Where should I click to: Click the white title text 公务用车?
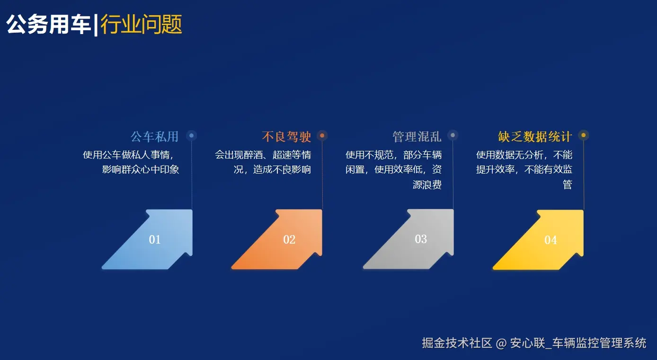point(48,25)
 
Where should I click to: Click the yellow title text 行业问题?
point(141,25)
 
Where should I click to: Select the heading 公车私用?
point(154,137)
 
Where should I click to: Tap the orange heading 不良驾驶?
point(286,137)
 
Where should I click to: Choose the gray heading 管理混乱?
point(417,137)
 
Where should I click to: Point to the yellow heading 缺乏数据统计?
point(535,137)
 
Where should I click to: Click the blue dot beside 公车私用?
point(191,136)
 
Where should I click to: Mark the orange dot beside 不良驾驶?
point(322,136)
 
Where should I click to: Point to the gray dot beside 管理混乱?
point(453,136)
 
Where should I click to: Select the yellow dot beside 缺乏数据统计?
point(583,136)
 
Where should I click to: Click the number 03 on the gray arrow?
point(421,239)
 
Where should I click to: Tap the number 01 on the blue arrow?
point(155,239)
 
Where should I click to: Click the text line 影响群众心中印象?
point(141,169)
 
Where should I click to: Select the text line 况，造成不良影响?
point(272,169)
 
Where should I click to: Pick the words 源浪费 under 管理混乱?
point(427,184)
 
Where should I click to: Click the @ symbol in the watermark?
point(501,343)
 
